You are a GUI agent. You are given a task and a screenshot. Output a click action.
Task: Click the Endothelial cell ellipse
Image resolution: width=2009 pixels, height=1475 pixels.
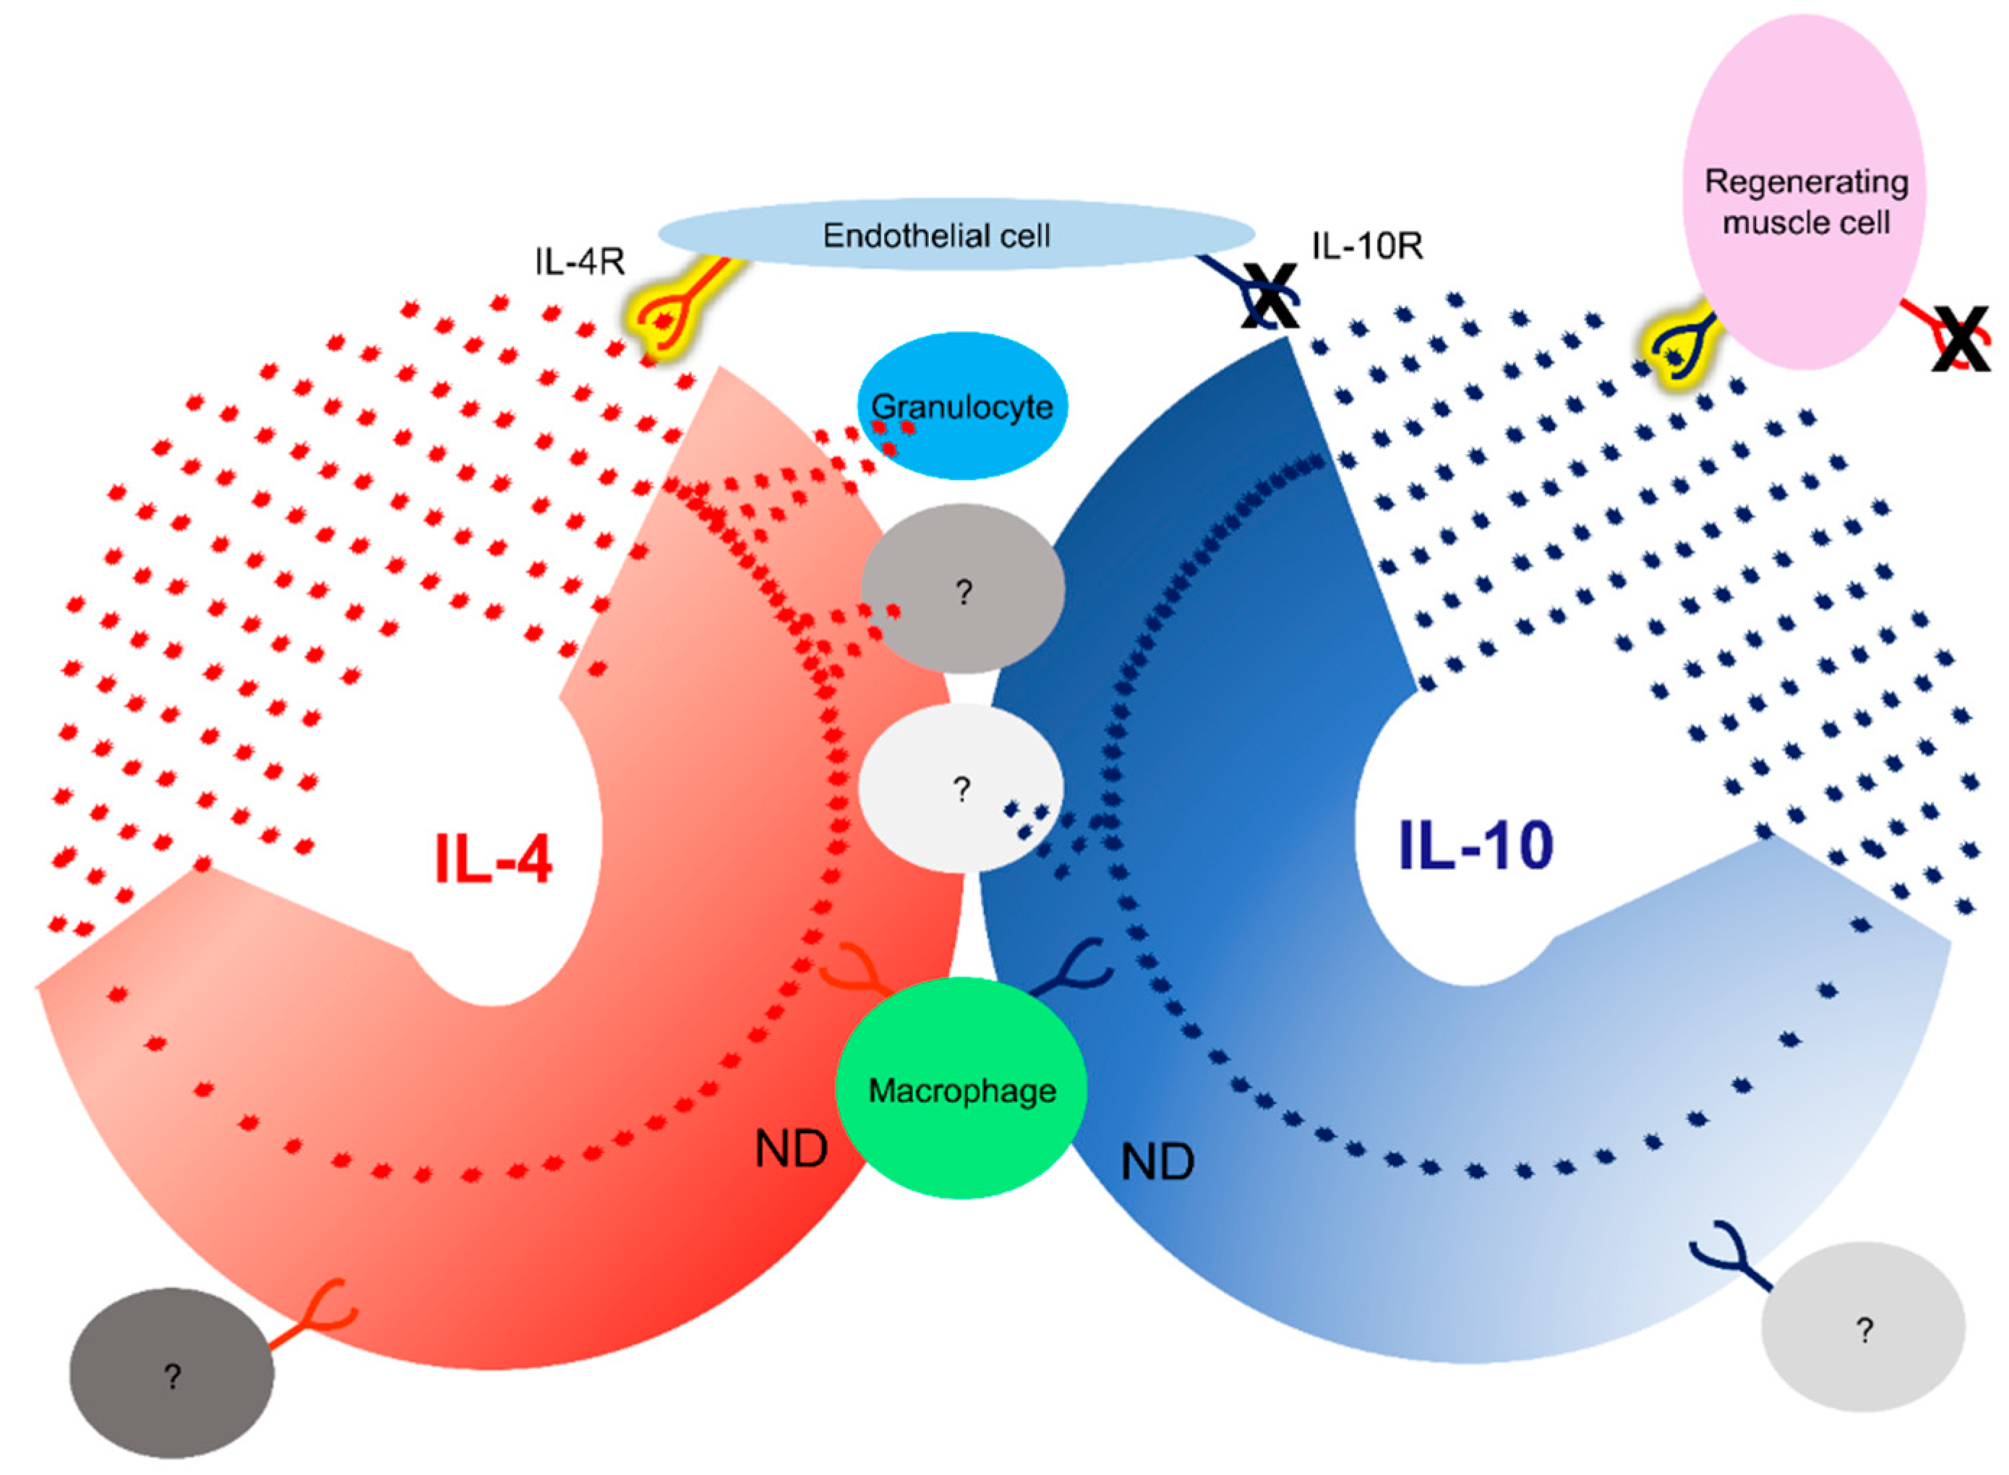pos(955,234)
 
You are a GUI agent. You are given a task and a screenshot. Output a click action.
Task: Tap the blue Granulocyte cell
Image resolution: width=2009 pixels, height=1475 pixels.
pos(962,406)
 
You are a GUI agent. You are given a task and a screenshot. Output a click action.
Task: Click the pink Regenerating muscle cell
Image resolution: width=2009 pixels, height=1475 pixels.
pos(1804,192)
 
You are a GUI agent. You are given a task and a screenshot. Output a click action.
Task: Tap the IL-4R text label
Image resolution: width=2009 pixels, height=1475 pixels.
pos(579,262)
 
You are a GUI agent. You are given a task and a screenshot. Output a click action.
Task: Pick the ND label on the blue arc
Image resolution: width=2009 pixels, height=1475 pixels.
pos(1157,1163)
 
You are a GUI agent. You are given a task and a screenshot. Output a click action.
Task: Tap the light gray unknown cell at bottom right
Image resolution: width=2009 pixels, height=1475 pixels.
pos(1863,1327)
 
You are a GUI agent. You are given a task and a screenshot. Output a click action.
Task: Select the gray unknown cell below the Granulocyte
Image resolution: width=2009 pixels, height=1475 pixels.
pos(962,589)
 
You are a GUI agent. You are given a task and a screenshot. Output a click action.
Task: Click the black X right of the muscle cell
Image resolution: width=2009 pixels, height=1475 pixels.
pos(1960,338)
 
